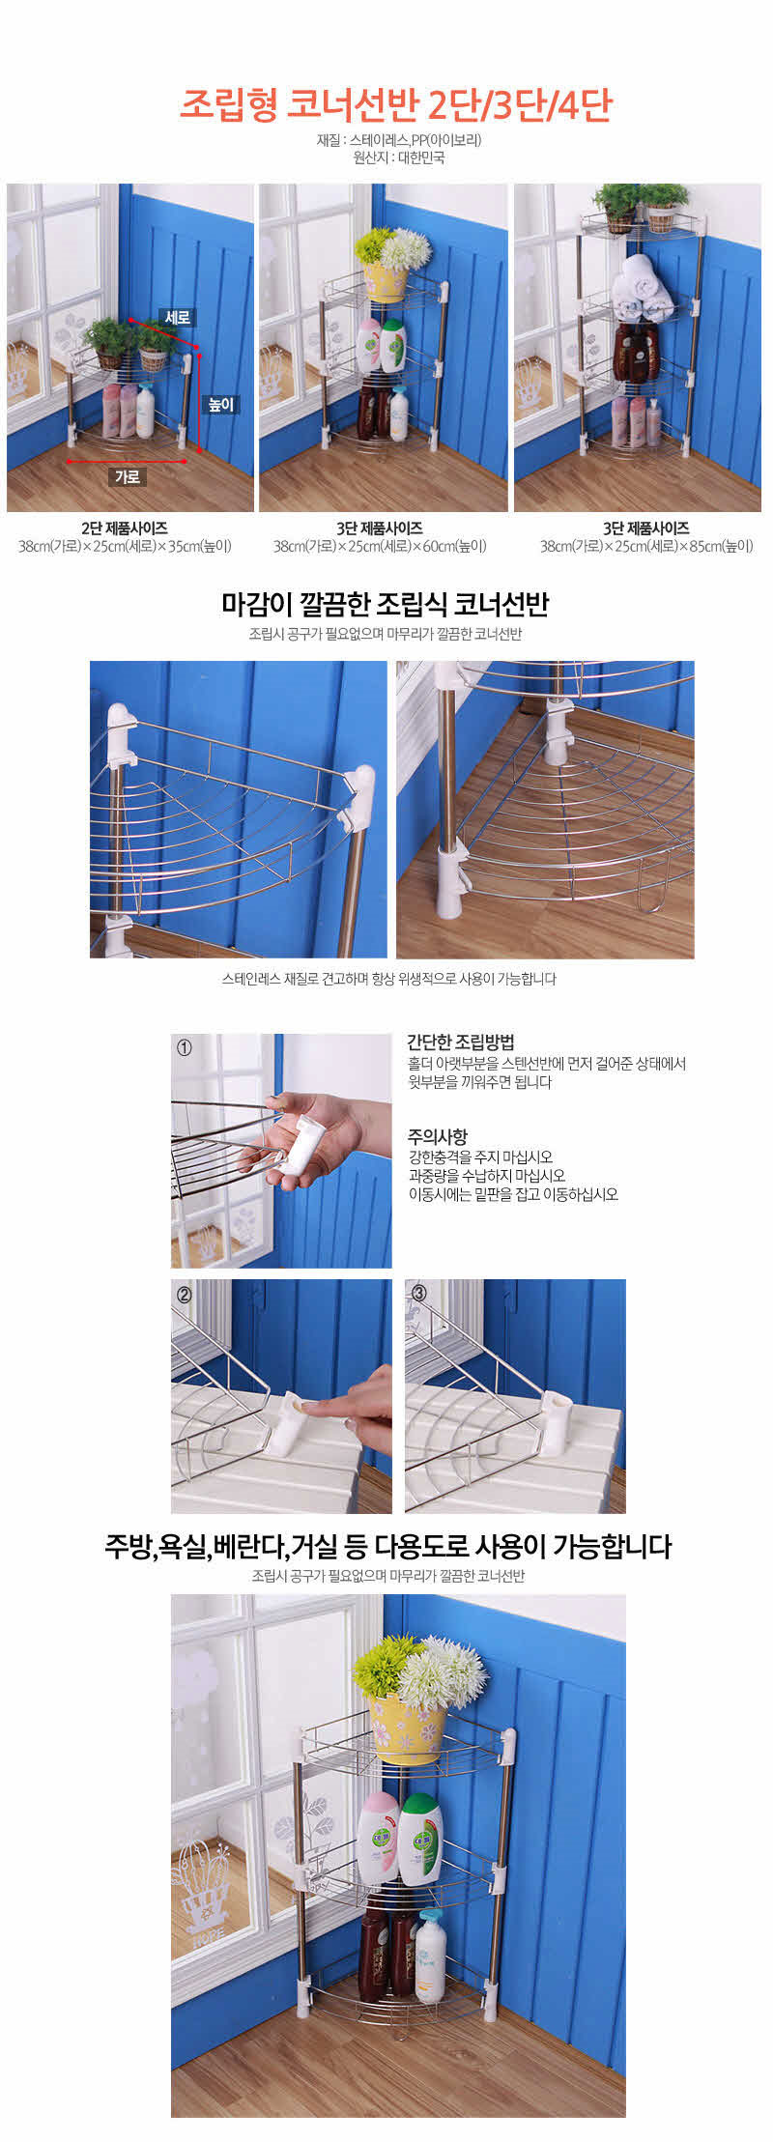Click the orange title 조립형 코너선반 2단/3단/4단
[396, 103]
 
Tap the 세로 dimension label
[178, 317]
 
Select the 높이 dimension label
[221, 404]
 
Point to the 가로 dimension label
[128, 476]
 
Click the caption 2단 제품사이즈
[125, 528]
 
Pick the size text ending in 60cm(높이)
[380, 546]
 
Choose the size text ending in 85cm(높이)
[646, 546]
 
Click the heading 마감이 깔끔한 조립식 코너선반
[386, 605]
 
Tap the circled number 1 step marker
[185, 1047]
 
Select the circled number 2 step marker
[185, 1293]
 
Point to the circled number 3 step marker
[418, 1292]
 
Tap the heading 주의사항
[437, 1136]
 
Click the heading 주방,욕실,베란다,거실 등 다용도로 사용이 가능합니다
[387, 1546]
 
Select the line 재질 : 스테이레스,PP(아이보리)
[398, 140]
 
